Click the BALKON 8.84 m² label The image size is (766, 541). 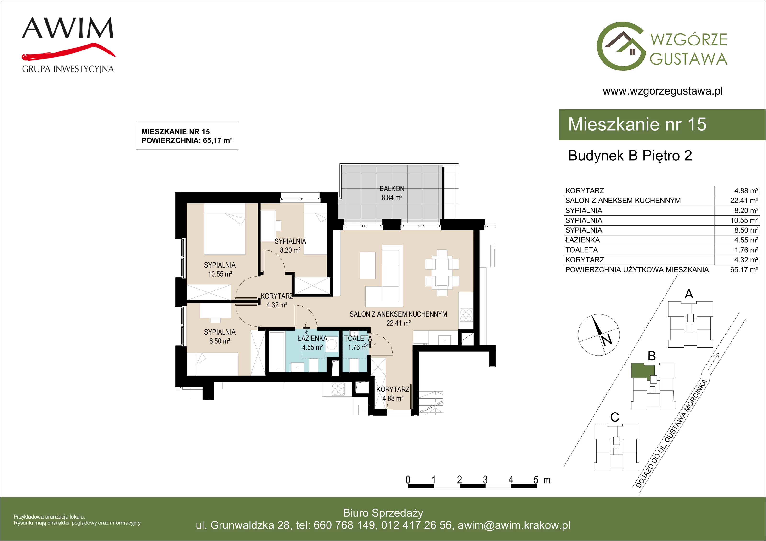coord(392,193)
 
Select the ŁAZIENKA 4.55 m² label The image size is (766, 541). coord(312,343)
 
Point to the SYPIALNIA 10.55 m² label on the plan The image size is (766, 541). coord(220,269)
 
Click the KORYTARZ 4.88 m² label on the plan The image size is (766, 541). coord(393,394)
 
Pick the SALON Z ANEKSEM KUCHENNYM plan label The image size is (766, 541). coord(398,314)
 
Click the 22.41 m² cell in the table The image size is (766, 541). coord(744,201)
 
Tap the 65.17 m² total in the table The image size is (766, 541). coord(744,269)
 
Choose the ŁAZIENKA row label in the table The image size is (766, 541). coord(582,240)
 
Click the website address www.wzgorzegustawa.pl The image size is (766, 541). coord(663,91)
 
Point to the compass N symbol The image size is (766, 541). coord(607,340)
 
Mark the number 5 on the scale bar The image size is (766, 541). coord(536,480)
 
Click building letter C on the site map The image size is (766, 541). coord(614,417)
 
